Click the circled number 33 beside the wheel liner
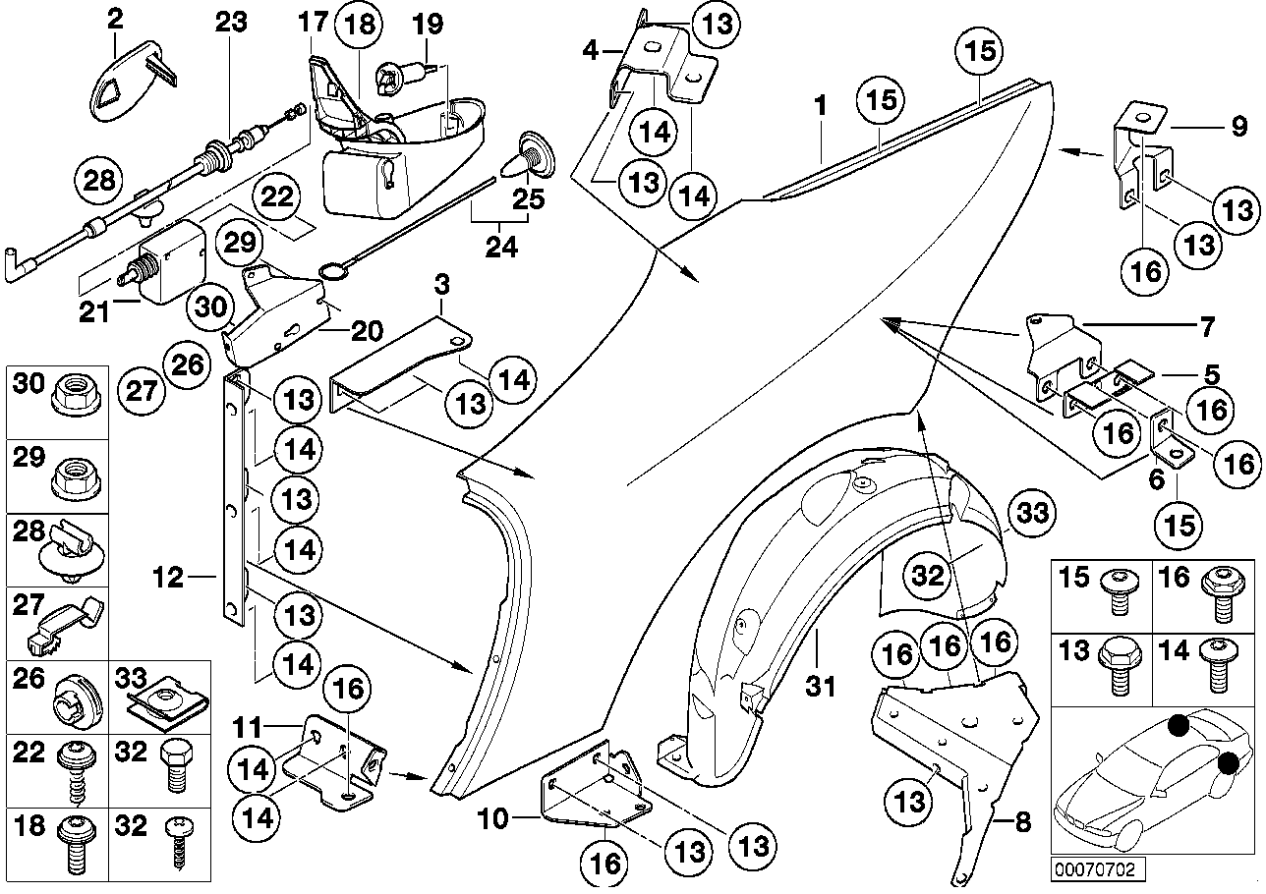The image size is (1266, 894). click(x=1032, y=515)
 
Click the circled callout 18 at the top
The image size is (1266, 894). click(x=361, y=25)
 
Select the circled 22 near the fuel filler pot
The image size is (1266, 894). click(x=279, y=196)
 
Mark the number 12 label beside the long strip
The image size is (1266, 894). click(x=168, y=578)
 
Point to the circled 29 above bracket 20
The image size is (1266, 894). click(x=236, y=241)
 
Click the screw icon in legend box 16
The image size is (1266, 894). click(x=1222, y=595)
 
